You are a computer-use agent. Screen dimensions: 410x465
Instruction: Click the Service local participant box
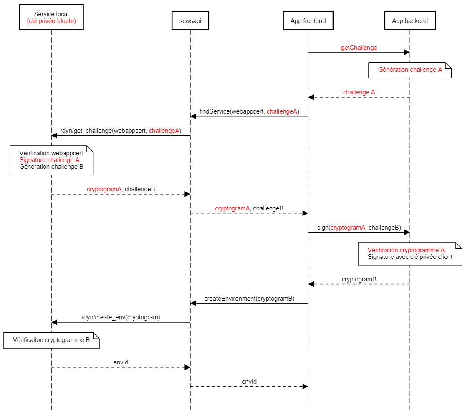point(51,17)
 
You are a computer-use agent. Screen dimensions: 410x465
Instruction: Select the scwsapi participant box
point(190,21)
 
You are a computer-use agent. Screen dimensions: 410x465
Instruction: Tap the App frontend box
point(308,21)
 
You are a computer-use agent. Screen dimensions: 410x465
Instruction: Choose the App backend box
point(410,21)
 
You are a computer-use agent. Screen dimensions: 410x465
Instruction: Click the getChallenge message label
point(359,48)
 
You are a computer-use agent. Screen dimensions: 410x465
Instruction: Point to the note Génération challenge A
point(410,70)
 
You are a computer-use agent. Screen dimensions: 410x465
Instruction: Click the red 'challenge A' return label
point(359,92)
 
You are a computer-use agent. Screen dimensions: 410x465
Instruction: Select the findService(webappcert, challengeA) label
point(249,111)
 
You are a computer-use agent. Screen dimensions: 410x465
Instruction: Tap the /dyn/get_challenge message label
point(121,131)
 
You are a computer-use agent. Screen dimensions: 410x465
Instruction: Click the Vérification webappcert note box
point(51,160)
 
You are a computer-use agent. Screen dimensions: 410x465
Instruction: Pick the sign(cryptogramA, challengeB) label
point(359,228)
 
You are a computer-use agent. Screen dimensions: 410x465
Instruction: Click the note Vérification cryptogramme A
point(410,253)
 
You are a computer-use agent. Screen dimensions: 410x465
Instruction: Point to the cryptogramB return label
point(359,279)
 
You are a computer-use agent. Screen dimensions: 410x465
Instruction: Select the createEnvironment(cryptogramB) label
point(249,299)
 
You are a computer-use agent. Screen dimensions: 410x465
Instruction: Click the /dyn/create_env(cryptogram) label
point(121,317)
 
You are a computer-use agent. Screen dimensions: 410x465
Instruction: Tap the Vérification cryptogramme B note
point(51,340)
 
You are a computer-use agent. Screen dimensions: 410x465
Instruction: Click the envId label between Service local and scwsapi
point(121,362)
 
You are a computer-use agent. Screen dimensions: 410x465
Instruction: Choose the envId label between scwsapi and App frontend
point(249,382)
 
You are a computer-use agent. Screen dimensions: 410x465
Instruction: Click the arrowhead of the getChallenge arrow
point(407,52)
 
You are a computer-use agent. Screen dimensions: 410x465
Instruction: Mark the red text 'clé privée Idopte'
point(51,21)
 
